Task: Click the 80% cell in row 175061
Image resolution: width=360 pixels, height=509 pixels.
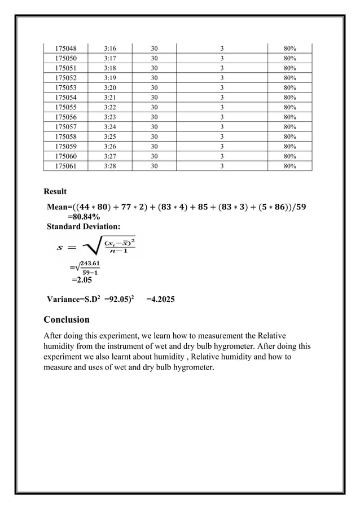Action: [290, 166]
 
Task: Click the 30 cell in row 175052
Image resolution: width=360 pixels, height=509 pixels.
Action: [154, 78]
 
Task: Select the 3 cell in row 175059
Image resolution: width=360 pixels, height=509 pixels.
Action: [222, 146]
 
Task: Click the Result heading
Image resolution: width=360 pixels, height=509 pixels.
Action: [55, 192]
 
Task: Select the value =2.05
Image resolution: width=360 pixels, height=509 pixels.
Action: [81, 279]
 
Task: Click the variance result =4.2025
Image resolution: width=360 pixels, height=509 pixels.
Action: [160, 300]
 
